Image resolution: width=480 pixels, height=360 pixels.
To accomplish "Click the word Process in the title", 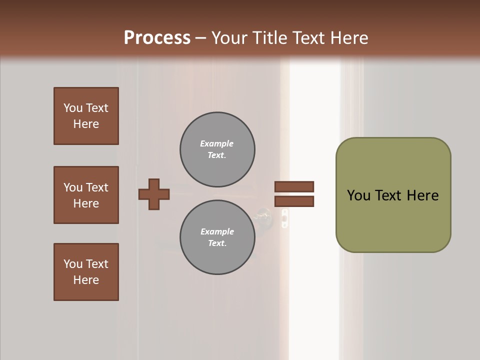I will pos(157,38).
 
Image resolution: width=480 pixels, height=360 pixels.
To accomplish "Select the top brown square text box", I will pos(86,116).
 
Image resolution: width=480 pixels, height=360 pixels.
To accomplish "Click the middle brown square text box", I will pos(86,195).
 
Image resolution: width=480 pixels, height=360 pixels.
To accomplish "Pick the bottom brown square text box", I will pos(86,272).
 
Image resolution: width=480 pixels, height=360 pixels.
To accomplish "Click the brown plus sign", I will pos(154,194).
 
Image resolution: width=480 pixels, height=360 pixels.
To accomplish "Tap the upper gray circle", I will pos(217,149).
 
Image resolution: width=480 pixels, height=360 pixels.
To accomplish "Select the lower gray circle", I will pos(217,237).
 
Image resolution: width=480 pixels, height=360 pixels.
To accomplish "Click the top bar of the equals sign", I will pos(294,187).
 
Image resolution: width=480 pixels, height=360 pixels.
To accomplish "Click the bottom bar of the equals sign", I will pos(294,201).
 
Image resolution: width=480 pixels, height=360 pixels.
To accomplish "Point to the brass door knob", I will pos(263,216).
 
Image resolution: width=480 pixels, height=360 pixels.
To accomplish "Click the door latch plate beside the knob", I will pos(284,218).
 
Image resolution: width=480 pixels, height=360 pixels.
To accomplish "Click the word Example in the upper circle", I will pos(217,143).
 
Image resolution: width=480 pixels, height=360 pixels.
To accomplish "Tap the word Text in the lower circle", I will pos(217,243).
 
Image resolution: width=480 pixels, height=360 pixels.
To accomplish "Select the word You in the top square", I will pos(72,108).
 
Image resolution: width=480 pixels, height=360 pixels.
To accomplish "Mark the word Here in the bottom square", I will pos(86,280).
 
